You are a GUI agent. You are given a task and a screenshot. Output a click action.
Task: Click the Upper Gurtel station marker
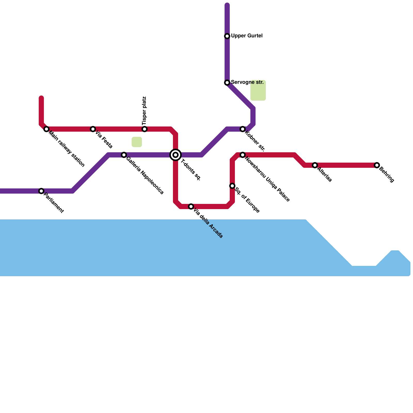point(227,36)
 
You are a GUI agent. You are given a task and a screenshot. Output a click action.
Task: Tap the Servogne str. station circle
point(227,83)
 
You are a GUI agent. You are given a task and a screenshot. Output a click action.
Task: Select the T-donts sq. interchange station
point(176,155)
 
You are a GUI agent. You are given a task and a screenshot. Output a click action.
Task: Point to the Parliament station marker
point(41,191)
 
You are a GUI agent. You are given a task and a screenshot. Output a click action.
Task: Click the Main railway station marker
point(46,129)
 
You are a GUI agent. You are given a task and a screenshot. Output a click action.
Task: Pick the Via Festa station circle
point(93,129)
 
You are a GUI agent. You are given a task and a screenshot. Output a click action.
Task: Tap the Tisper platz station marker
point(145,129)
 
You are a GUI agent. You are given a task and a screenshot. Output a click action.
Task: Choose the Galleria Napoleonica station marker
point(124,155)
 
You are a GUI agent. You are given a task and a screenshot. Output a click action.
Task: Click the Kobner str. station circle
point(243,129)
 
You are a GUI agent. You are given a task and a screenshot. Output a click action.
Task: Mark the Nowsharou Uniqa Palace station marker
point(243,155)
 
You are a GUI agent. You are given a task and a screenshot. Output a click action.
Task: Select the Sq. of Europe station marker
point(232,186)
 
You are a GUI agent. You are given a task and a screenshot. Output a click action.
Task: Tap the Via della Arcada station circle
point(191,206)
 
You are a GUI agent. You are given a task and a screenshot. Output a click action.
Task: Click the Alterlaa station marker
point(315,165)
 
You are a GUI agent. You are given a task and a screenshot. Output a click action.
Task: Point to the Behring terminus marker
point(377,165)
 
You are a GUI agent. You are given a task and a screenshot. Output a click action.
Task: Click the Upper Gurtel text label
point(247,36)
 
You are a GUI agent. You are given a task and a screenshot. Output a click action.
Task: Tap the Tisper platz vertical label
point(144,111)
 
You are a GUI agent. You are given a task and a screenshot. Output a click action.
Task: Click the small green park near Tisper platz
point(137,142)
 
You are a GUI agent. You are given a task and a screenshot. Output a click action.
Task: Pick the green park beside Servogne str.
point(258,90)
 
